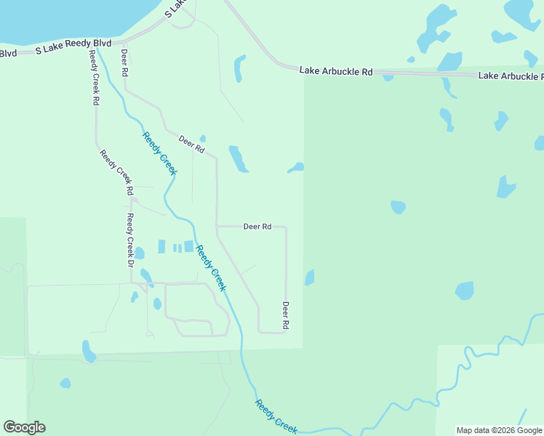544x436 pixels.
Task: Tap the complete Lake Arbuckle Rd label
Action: coord(336,71)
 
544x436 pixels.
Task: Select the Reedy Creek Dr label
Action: coord(130,235)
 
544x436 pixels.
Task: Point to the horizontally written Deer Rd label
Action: coord(257,227)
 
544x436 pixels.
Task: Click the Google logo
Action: coord(24,427)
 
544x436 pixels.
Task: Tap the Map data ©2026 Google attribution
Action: coord(499,430)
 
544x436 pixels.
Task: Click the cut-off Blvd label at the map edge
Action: coord(8,53)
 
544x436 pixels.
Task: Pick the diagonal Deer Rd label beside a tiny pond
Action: coord(191,145)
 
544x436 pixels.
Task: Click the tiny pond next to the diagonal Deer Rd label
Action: coord(203,138)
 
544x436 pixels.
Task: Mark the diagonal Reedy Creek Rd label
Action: coord(116,172)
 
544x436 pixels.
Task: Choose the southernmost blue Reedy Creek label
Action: coord(276,417)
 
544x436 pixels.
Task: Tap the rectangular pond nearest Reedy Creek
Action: coord(189,246)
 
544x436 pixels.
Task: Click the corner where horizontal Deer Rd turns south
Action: coord(285,227)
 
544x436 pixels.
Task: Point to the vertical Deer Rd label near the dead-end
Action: coord(286,314)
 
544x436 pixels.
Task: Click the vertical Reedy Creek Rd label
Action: coord(95,78)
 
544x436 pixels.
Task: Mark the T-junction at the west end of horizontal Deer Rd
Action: coord(217,227)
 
